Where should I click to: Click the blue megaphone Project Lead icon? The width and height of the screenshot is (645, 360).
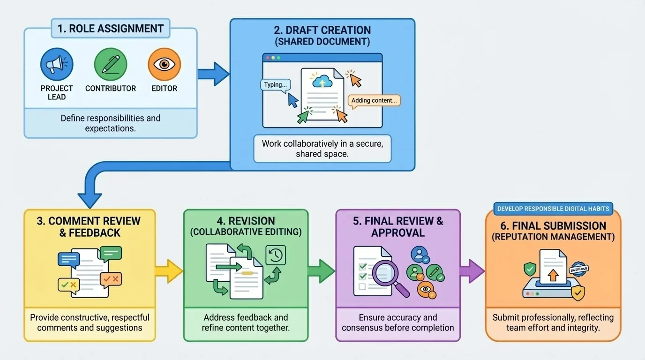pyautogui.click(x=57, y=65)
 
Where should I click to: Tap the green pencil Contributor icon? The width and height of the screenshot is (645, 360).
pyautogui.click(x=111, y=65)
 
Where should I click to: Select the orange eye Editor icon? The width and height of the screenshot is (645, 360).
pyautogui.click(x=164, y=65)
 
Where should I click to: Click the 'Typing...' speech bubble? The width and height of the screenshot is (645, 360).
pyautogui.click(x=275, y=85)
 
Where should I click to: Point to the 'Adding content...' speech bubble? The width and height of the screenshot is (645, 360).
pyautogui.click(x=374, y=100)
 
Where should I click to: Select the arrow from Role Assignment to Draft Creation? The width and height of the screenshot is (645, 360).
pyautogui.click(x=213, y=74)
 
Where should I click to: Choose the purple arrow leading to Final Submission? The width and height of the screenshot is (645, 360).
pyautogui.click(x=472, y=271)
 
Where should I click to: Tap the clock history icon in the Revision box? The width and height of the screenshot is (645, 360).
pyautogui.click(x=276, y=255)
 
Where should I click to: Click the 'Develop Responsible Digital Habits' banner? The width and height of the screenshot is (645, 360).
pyautogui.click(x=553, y=209)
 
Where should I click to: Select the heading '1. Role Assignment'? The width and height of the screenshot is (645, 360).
pyautogui.click(x=110, y=28)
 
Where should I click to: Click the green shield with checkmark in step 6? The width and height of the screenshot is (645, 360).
pyautogui.click(x=530, y=269)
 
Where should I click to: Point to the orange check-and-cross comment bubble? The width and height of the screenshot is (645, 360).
pyautogui.click(x=111, y=279)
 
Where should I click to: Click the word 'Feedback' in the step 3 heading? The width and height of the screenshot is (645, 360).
pyautogui.click(x=90, y=233)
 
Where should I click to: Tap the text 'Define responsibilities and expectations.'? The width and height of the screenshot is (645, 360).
pyautogui.click(x=110, y=123)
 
